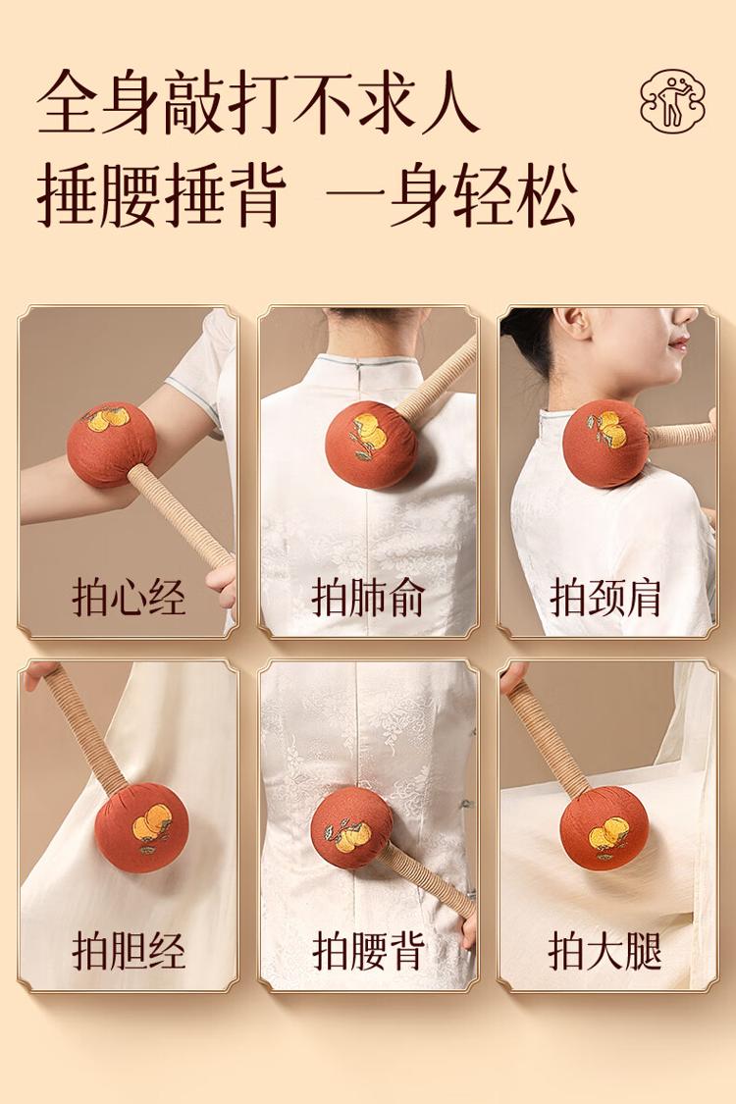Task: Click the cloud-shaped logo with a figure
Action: click(x=672, y=100)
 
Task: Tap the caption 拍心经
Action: click(x=129, y=598)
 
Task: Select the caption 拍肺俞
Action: click(x=368, y=598)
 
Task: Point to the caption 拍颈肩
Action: click(x=606, y=598)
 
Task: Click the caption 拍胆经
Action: click(x=129, y=951)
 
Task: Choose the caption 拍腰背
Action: click(x=368, y=951)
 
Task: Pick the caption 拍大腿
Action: click(x=606, y=951)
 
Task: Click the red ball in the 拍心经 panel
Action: click(x=111, y=445)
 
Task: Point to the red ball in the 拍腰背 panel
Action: click(x=352, y=828)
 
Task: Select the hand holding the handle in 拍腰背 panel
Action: click(x=469, y=930)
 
